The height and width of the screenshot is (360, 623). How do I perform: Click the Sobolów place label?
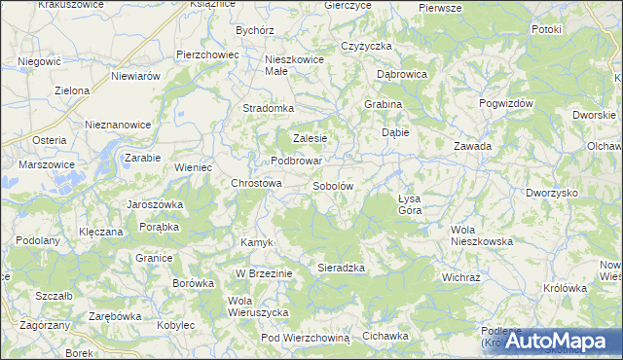pyautogui.click(x=332, y=185)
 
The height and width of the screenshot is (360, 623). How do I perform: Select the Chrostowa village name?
pyautogui.click(x=255, y=183)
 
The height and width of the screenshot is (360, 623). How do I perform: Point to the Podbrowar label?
pyautogui.click(x=297, y=161)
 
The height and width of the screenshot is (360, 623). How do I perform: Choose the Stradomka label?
pyautogui.click(x=268, y=108)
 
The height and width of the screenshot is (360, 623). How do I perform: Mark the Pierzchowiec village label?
pyautogui.click(x=207, y=54)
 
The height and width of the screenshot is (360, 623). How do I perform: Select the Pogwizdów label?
pyautogui.click(x=506, y=102)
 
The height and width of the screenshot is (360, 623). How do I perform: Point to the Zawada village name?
pyautogui.click(x=472, y=146)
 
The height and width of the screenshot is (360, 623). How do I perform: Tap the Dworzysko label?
pyautogui.click(x=551, y=193)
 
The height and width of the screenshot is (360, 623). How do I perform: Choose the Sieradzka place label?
pyautogui.click(x=341, y=267)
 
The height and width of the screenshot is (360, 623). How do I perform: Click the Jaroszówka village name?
pyautogui.click(x=156, y=205)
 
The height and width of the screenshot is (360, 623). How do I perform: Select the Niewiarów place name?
pyautogui.click(x=135, y=76)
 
